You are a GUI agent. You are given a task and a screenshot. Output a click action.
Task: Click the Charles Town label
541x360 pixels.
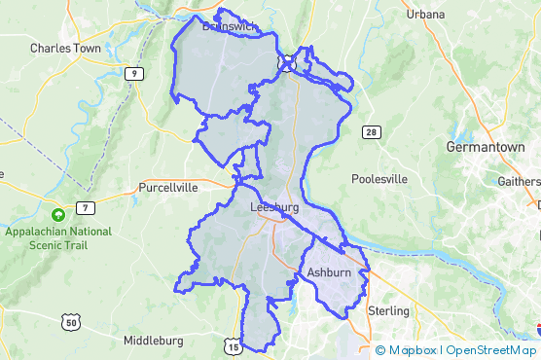tap(65, 47)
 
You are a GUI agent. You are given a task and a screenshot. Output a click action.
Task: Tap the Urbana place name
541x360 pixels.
tap(426, 15)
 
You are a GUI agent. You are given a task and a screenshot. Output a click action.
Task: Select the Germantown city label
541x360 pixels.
tap(485, 147)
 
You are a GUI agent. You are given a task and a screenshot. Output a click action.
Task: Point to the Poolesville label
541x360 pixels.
tap(380, 179)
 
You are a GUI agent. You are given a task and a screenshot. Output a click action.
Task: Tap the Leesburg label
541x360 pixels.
tap(273, 207)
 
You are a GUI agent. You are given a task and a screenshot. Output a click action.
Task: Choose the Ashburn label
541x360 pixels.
tap(328, 274)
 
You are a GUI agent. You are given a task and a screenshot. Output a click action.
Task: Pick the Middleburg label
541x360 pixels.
tap(154, 342)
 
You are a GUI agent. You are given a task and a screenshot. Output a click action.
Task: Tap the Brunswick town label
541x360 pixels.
tap(231, 26)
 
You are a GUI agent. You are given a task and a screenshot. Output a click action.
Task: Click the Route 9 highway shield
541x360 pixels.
tap(131, 73)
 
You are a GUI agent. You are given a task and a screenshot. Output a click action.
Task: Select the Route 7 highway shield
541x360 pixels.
tap(88, 208)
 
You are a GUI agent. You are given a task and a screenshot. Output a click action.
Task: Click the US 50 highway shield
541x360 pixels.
tap(68, 321)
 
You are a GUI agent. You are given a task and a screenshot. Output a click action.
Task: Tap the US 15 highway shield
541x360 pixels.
tap(232, 345)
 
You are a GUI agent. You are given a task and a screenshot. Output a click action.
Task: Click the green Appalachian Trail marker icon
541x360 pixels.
tap(58, 215)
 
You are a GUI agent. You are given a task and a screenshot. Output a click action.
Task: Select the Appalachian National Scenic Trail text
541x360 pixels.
tap(58, 238)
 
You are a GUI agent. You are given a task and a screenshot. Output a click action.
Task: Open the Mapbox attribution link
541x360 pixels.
tap(413, 350)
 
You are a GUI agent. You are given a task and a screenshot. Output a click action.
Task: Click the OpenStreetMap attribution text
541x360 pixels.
tap(490, 350)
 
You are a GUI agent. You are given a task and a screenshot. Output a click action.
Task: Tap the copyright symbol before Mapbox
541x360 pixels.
tap(380, 350)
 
